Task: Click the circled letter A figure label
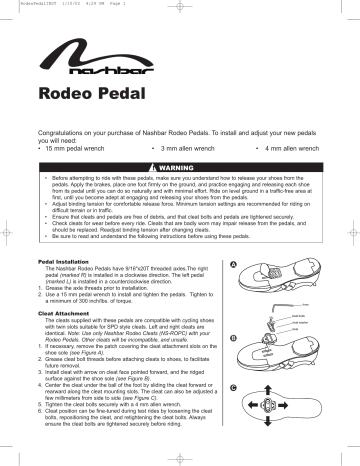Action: tap(233, 265)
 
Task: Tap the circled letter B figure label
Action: tap(233, 338)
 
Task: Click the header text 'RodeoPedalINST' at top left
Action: tap(26, 4)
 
